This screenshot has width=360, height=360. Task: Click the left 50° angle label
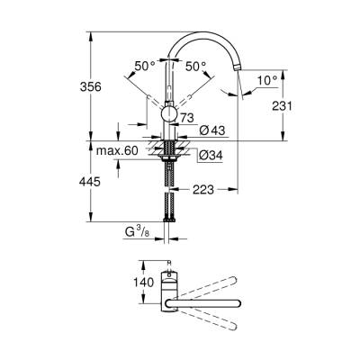(144, 66)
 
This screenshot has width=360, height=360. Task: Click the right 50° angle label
(195, 66)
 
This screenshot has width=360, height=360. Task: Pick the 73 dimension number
(188, 119)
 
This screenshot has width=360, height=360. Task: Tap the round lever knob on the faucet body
(168, 112)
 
